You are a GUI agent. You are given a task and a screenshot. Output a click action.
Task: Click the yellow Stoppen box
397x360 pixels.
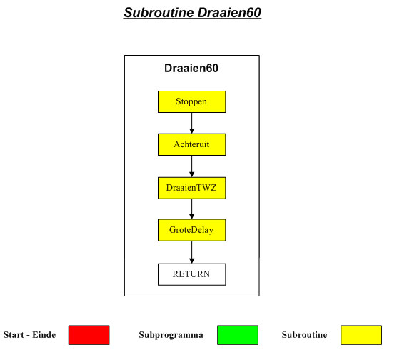(191, 102)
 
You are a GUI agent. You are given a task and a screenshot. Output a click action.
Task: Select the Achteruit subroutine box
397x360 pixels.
(191, 145)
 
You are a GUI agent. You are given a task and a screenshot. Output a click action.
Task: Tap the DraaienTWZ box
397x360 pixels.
(191, 188)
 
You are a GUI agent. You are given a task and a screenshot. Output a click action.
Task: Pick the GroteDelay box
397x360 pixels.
(191, 230)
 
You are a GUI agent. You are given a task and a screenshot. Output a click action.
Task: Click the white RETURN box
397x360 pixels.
(191, 274)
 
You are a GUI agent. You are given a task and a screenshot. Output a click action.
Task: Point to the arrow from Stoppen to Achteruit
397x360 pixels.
(191, 123)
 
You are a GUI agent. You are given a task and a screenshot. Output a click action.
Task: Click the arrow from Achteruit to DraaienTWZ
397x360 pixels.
(191, 166)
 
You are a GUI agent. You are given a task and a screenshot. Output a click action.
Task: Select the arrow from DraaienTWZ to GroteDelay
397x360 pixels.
(191, 209)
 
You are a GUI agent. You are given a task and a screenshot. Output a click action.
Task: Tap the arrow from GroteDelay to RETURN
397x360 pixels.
(191, 252)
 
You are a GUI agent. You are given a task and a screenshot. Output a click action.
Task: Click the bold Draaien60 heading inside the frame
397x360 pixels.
(191, 68)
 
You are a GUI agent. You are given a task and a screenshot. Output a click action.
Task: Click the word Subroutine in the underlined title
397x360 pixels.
(159, 13)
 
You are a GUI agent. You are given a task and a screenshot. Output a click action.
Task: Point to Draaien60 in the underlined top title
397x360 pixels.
(229, 13)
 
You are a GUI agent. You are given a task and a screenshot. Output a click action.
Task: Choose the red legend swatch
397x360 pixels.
(89, 335)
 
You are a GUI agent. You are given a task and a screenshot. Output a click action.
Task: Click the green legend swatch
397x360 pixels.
(238, 335)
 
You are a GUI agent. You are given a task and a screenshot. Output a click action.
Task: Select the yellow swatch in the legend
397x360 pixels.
(361, 335)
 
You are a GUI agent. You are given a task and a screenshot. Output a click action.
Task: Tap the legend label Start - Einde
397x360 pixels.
(29, 335)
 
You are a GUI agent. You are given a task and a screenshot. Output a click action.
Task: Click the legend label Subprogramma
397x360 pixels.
(171, 335)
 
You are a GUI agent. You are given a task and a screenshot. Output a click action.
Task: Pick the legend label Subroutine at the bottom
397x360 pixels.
(304, 335)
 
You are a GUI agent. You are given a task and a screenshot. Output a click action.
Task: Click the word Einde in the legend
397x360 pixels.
(44, 335)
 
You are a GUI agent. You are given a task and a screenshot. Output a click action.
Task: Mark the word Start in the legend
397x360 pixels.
(14, 335)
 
